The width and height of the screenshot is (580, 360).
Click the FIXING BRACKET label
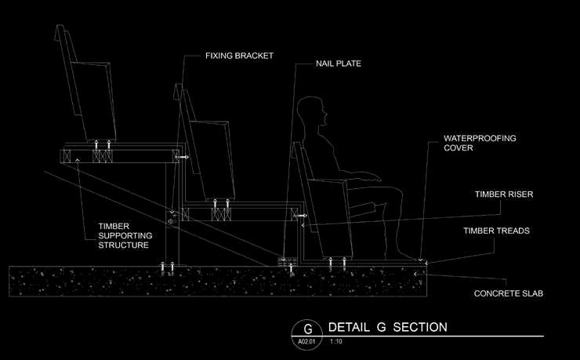point(239,56)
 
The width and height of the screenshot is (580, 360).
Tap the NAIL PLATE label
point(339,64)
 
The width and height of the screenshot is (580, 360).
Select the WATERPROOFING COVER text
point(480,143)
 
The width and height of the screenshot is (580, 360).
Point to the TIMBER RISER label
point(504,195)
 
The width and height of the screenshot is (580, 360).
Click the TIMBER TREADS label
point(496,231)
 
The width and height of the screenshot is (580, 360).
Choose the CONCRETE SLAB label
point(509,293)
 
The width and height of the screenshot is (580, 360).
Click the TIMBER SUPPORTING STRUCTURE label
point(125,235)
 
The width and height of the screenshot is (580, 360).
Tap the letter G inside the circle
point(308,329)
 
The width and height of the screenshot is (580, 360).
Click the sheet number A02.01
point(306,341)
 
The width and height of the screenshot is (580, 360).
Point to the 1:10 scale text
point(336,341)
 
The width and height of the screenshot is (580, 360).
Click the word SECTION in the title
point(420,327)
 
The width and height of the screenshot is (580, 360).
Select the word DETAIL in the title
point(349,327)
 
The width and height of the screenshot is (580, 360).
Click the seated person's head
point(312,111)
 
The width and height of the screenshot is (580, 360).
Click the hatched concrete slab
point(218,282)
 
